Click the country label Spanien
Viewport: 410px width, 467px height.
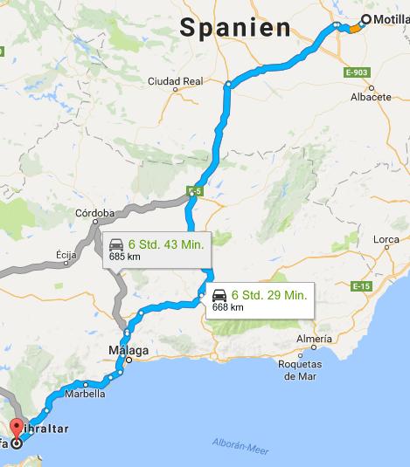tap(235, 28)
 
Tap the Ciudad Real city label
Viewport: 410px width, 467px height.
tap(175, 81)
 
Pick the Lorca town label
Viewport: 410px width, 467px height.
tap(386, 238)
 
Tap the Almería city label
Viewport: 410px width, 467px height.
tap(314, 338)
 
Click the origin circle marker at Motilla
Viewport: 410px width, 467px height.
tap(365, 18)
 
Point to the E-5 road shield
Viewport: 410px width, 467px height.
tap(193, 189)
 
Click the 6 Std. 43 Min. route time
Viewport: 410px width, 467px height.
tap(166, 244)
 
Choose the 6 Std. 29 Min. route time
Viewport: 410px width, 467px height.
tap(269, 295)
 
